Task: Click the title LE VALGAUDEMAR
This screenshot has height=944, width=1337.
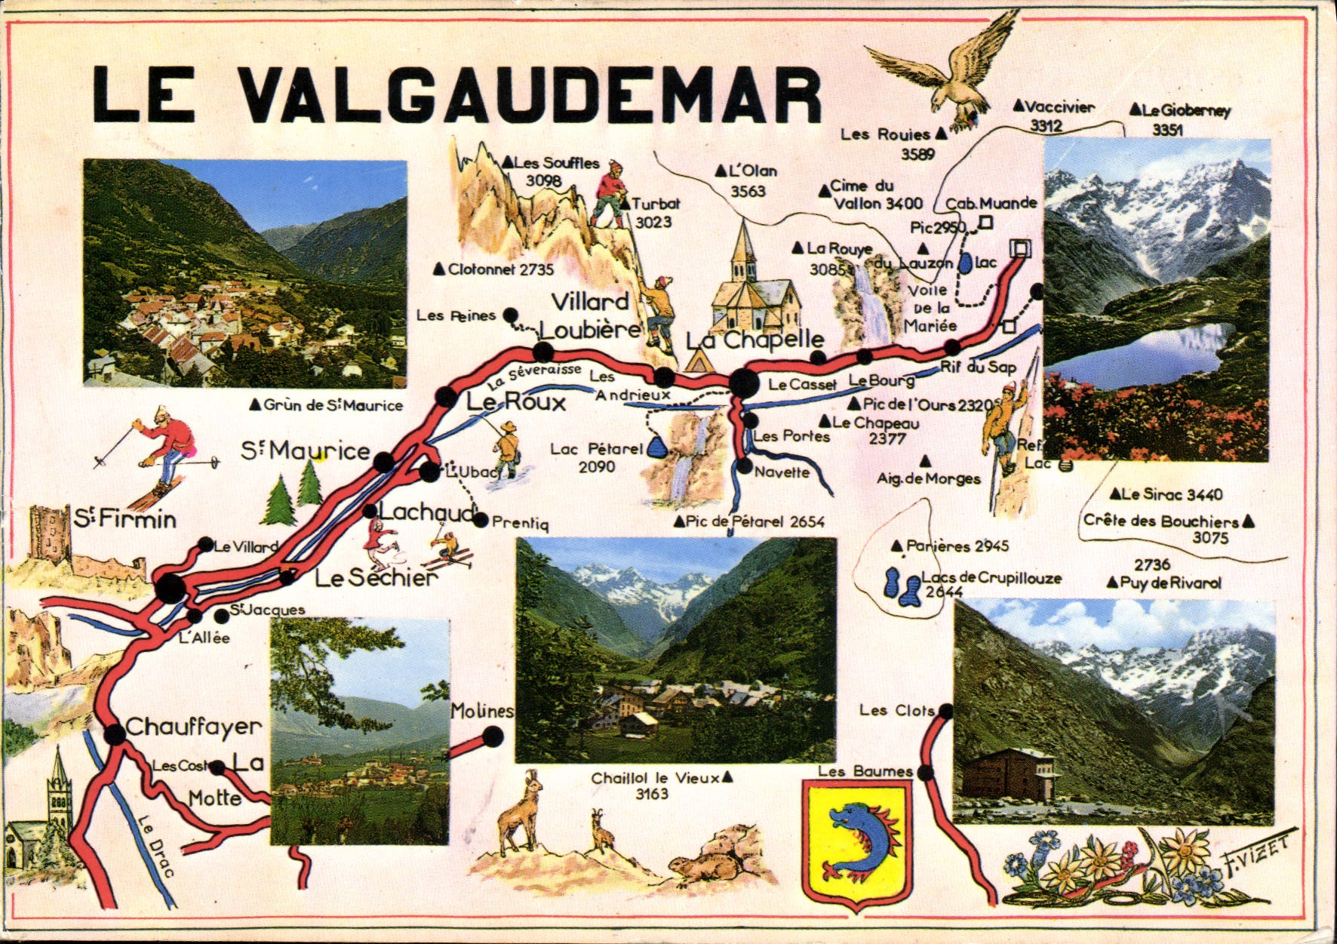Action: [456, 95]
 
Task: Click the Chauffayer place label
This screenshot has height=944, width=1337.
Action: [193, 727]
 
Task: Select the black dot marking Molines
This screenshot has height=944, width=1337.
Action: [492, 736]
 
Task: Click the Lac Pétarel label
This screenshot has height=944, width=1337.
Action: [596, 457]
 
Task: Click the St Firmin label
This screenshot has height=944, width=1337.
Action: [125, 519]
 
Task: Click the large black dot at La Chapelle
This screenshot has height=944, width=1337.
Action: [745, 383]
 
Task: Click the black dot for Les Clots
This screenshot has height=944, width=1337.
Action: [945, 711]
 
